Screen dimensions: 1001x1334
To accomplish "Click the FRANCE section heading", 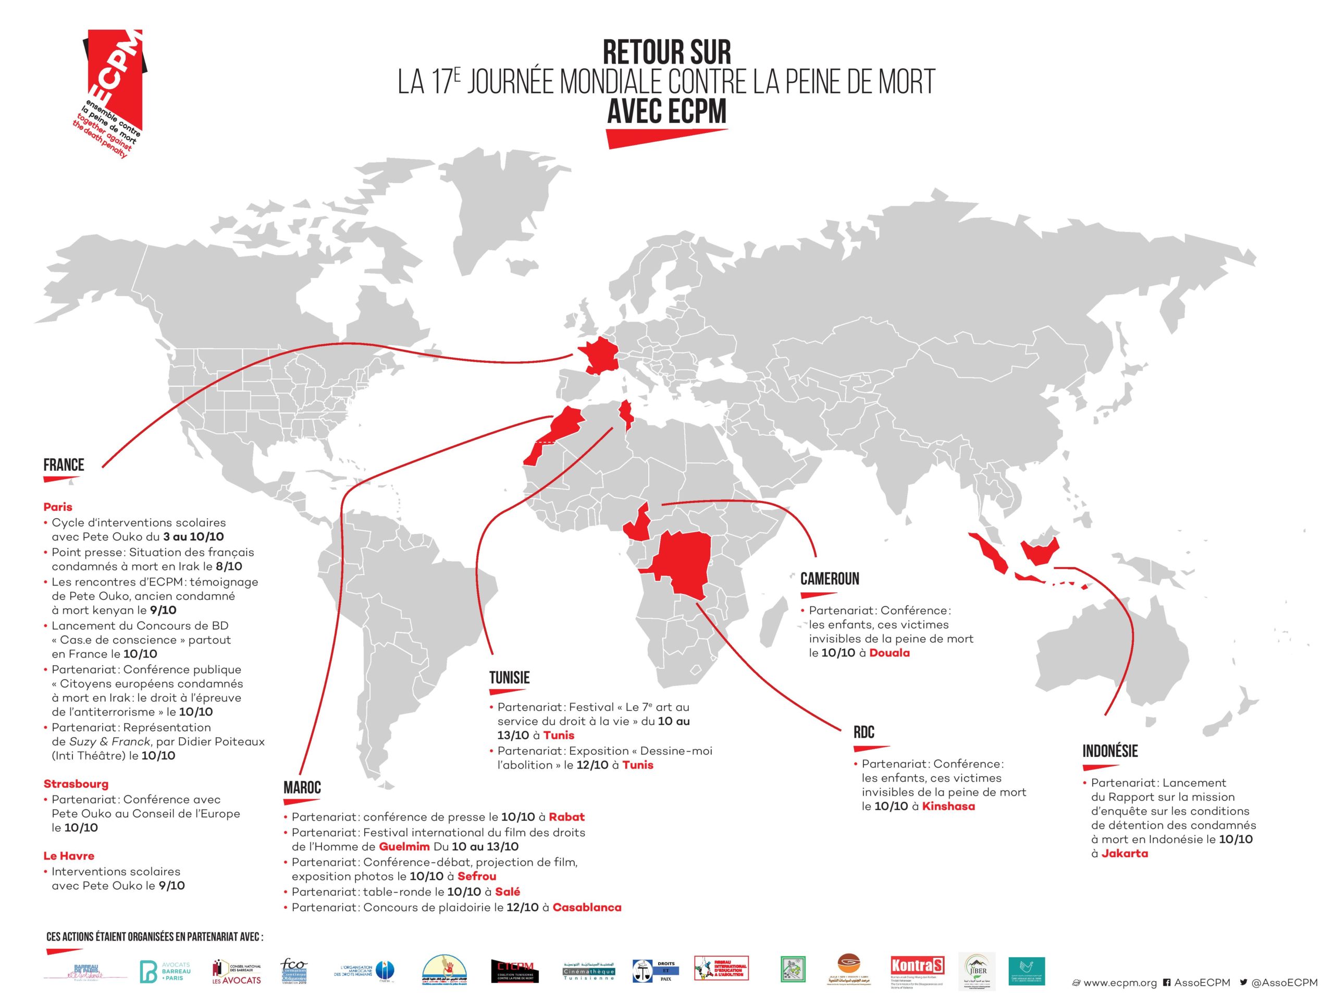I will [x=64, y=465].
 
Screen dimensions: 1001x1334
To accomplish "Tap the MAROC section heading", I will [x=302, y=787].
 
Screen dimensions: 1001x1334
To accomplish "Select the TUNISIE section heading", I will [x=509, y=678].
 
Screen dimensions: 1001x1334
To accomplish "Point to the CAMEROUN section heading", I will [x=829, y=579].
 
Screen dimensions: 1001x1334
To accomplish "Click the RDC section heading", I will [x=863, y=733].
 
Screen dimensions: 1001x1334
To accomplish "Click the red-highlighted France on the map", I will [x=601, y=357].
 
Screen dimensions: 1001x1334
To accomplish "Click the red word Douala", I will [x=889, y=653].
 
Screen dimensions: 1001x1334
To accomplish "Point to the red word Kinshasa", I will [x=948, y=806].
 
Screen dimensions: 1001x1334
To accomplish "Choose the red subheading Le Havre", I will [x=69, y=856].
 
